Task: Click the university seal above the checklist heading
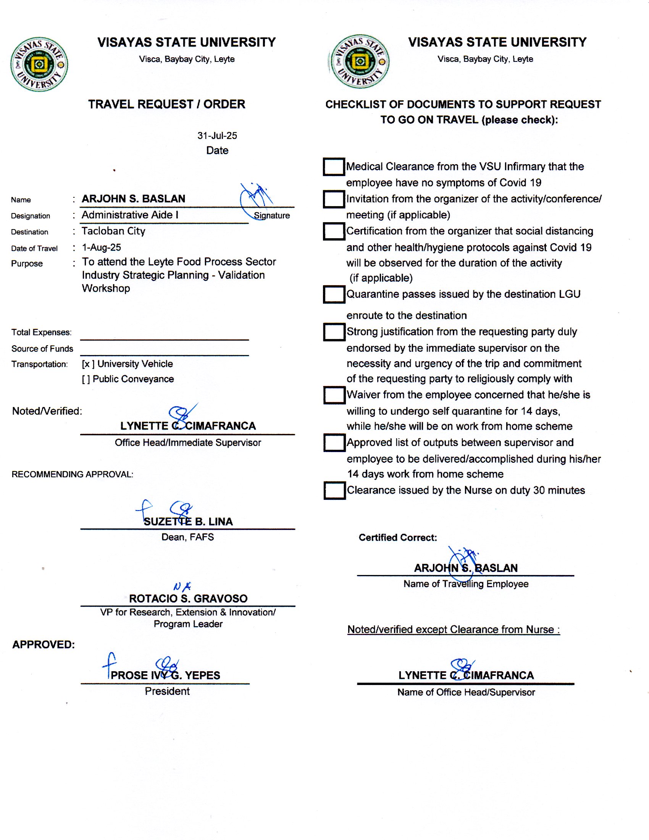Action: pyautogui.click(x=360, y=61)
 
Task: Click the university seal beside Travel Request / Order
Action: pyautogui.click(x=39, y=64)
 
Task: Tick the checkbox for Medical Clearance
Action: pyautogui.click(x=333, y=166)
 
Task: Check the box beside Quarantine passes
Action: pyautogui.click(x=333, y=294)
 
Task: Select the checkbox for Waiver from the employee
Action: pyautogui.click(x=334, y=395)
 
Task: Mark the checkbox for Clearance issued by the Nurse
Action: pyautogui.click(x=334, y=490)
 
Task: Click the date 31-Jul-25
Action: pyautogui.click(x=217, y=136)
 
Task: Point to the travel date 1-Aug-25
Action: pyautogui.click(x=102, y=247)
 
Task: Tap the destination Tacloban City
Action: pyautogui.click(x=113, y=231)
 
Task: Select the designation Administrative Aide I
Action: pyautogui.click(x=130, y=215)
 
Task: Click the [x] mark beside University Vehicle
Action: pyautogui.click(x=88, y=364)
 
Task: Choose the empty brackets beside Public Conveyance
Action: pyautogui.click(x=86, y=379)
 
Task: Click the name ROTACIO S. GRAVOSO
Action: pyautogui.click(x=188, y=598)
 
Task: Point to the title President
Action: pyautogui.click(x=167, y=691)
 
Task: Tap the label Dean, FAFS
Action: pyautogui.click(x=187, y=537)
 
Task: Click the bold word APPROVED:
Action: pyautogui.click(x=44, y=645)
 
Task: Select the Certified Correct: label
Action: pyautogui.click(x=397, y=538)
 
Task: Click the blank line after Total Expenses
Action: pyautogui.click(x=165, y=334)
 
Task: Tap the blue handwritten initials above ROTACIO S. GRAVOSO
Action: pyautogui.click(x=182, y=586)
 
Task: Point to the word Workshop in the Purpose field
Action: pyautogui.click(x=106, y=288)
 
